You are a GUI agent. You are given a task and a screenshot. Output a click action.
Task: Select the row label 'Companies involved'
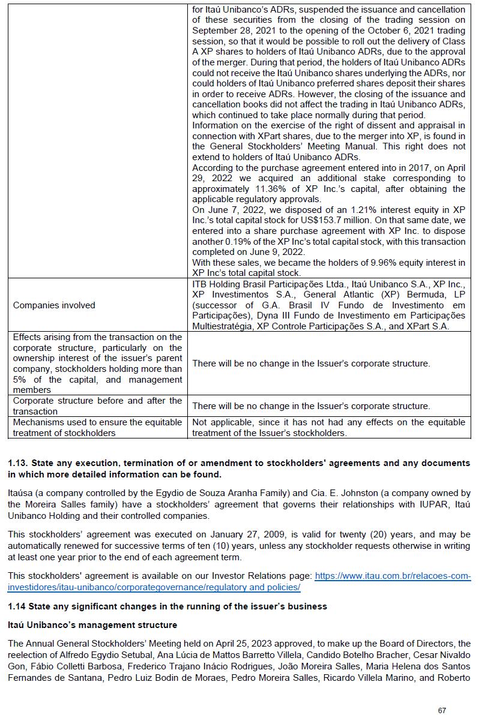pos(54,305)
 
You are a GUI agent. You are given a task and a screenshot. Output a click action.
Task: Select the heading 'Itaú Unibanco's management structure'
pos(92,625)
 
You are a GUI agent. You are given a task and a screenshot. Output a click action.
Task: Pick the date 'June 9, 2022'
pos(273,252)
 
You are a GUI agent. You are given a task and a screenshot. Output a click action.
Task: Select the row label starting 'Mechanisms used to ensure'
pos(97,422)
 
